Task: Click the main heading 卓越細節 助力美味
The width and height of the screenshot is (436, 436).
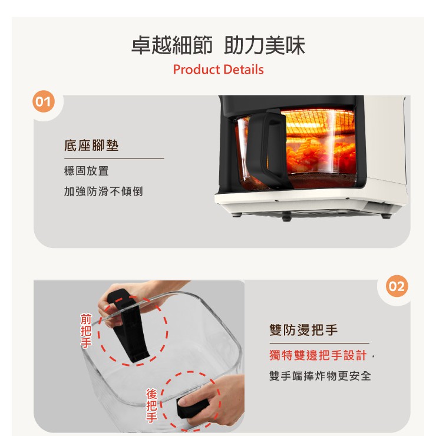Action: point(218,45)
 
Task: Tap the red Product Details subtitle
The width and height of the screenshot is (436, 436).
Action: point(218,70)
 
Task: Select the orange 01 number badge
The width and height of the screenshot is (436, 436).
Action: point(44,101)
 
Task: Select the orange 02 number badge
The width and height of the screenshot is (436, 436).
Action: point(397,286)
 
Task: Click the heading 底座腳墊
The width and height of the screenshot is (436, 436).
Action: point(91,146)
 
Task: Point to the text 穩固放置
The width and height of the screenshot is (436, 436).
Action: point(86,171)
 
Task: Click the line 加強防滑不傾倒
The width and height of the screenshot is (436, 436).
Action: point(104,191)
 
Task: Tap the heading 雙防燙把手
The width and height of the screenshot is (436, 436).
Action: point(303,330)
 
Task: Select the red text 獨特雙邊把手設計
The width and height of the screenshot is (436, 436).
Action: point(318,355)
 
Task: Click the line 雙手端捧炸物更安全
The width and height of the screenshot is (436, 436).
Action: point(320,376)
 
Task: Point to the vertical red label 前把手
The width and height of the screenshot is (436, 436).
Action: point(86,331)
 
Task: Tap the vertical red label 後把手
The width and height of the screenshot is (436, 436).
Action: point(151,406)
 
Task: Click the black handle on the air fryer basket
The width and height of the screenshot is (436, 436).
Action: point(267,148)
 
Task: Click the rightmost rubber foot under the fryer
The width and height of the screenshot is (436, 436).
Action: point(386,216)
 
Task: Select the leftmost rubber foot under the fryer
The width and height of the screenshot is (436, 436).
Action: point(236,214)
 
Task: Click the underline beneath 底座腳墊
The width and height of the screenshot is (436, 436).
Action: point(114,158)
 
